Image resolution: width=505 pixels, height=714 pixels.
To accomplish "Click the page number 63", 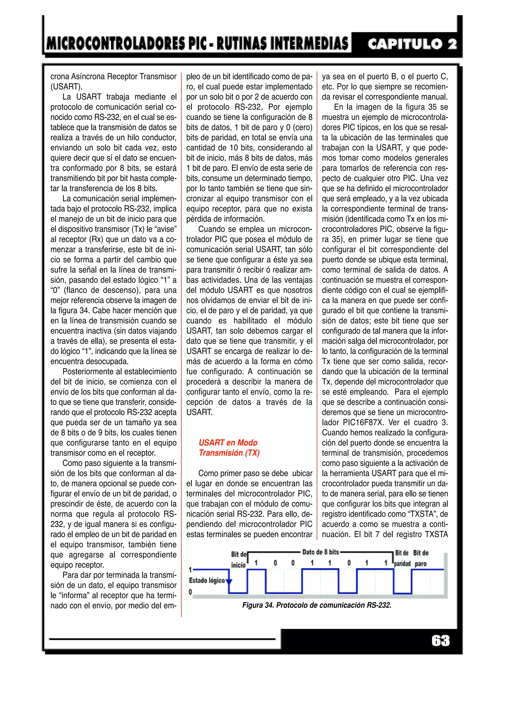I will tap(440, 641).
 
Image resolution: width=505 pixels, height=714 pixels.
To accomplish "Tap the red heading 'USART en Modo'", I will tap(228, 442).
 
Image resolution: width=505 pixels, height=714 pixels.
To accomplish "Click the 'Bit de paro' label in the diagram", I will tap(421, 558).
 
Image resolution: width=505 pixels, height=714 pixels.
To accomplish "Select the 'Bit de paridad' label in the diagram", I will tap(402, 558).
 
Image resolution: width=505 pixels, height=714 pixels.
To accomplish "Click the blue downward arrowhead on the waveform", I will tap(229, 581).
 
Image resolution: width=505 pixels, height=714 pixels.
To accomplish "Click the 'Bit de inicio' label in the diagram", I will tap(238, 559).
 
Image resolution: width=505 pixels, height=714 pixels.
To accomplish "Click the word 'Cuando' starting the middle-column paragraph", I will tap(211, 229).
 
